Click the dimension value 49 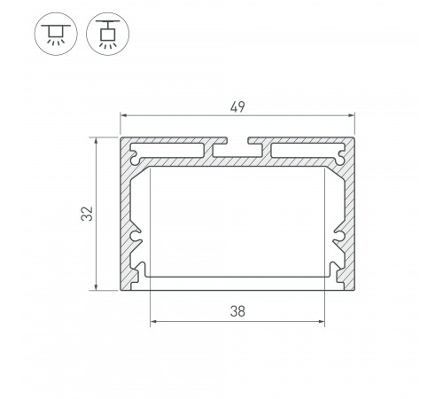tap(237, 106)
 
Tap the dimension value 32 tap(87, 214)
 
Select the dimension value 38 tap(237, 311)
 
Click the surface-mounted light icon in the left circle tap(56, 34)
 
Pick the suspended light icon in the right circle tap(107, 34)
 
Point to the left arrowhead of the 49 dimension tap(124, 115)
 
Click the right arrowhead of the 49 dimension tap(351, 115)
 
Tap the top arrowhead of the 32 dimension tap(96, 141)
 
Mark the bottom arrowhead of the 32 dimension tap(96, 286)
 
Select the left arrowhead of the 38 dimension tap(153, 321)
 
